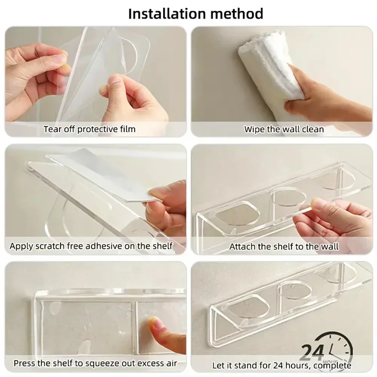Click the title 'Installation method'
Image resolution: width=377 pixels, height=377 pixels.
[196, 14]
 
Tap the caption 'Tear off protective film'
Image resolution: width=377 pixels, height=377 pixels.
[89, 129]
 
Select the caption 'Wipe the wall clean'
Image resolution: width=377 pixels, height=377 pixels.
[284, 129]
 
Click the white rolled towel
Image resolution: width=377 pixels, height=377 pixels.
[264, 64]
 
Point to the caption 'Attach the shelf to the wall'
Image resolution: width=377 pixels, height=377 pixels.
[284, 247]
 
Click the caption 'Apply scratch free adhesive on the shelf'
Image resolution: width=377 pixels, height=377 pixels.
[91, 246]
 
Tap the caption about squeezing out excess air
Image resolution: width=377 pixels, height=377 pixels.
[95, 364]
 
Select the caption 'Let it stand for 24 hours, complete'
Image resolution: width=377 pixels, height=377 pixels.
[282, 365]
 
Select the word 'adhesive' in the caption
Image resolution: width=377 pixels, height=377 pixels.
[109, 246]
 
